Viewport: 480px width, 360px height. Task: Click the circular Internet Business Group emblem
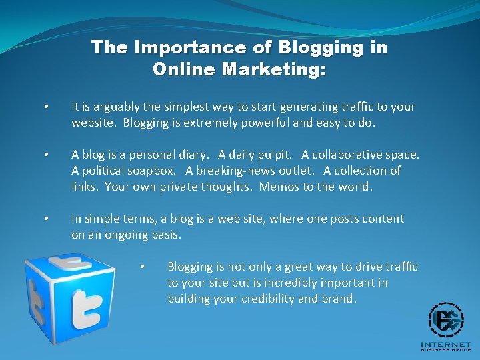[x=446, y=321]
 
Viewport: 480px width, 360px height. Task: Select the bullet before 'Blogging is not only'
[x=142, y=267]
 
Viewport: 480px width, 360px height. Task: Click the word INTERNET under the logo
[x=446, y=345]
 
